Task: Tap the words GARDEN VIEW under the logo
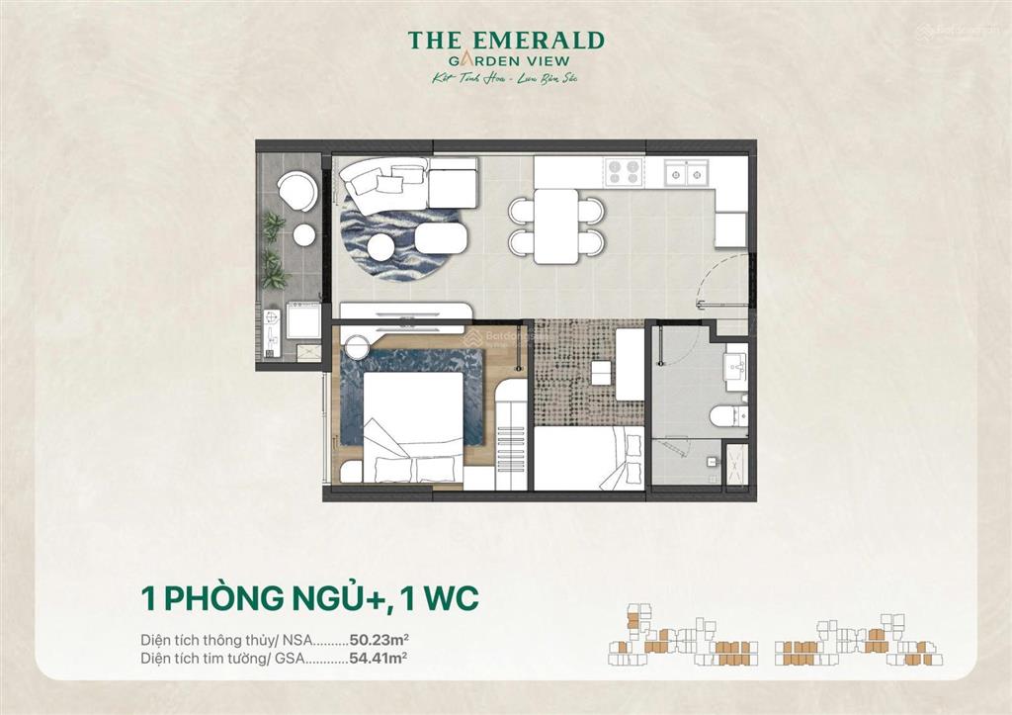click(506, 60)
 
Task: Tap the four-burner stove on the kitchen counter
click(624, 172)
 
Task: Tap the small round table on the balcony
click(303, 234)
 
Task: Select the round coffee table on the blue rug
click(381, 245)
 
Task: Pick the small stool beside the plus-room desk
click(600, 372)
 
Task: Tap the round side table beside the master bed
click(356, 346)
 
